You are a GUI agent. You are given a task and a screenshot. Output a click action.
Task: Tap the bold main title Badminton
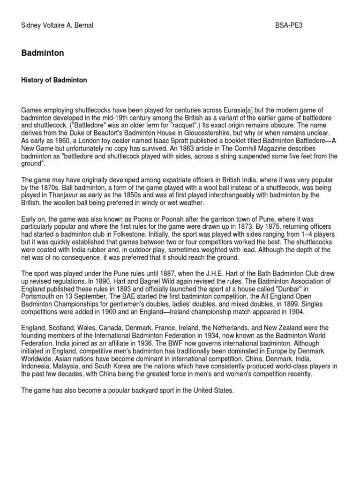pos(43,53)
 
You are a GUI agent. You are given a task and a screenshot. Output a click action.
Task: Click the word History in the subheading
pos(33,80)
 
